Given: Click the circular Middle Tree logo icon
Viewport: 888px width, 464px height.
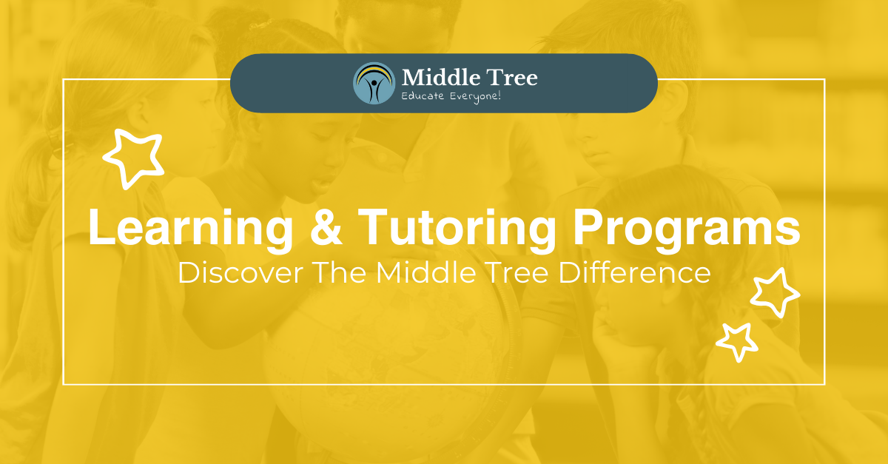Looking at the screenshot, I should click(374, 83).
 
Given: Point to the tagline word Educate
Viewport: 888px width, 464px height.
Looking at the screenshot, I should click(425, 97).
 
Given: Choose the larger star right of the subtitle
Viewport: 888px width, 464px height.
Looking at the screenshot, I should click(774, 292).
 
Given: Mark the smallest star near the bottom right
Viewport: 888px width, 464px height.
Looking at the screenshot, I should click(736, 341).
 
